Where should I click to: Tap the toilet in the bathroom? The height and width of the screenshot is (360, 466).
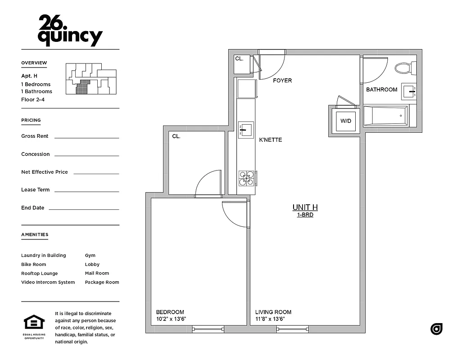(405, 68)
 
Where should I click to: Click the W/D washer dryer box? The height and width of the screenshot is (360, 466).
(345, 121)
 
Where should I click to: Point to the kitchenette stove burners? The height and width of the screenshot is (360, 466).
(246, 178)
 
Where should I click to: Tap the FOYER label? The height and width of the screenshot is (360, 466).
(282, 81)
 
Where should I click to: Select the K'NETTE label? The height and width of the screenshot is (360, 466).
(271, 140)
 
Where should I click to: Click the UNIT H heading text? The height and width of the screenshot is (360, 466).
(305, 207)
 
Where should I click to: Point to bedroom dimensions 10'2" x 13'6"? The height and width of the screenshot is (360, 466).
(171, 319)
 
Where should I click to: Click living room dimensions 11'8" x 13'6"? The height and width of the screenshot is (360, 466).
(270, 319)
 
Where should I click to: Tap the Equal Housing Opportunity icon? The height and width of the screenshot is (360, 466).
(34, 325)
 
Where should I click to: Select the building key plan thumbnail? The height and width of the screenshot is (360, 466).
(90, 79)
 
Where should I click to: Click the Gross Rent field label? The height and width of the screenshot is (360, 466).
(35, 136)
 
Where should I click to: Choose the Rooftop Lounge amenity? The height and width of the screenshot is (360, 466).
(40, 273)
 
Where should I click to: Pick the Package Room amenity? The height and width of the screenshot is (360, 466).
(102, 282)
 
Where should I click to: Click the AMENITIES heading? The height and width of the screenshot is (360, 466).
(35, 234)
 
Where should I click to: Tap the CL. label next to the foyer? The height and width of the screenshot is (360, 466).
(239, 58)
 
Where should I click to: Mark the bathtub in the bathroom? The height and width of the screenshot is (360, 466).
(386, 116)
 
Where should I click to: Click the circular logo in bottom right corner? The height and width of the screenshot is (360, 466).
(436, 329)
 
